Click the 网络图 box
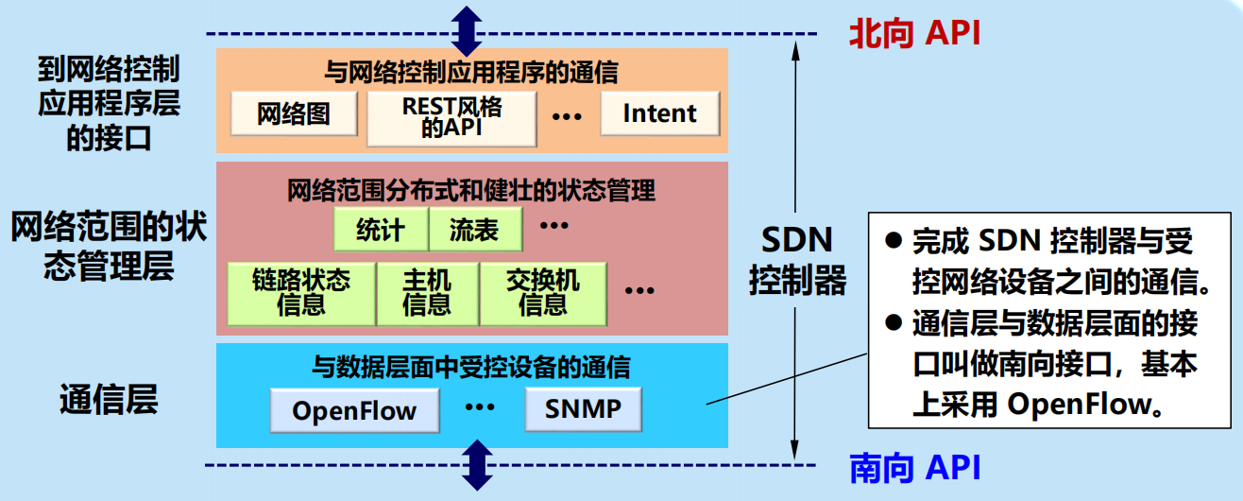point(294,114)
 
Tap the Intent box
point(659,113)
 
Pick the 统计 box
point(381,230)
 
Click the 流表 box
point(475,230)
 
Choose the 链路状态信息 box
point(301,293)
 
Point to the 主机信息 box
point(427,293)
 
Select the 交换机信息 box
point(542,293)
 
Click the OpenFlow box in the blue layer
point(354,411)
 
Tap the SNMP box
point(583,409)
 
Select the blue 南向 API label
point(914,468)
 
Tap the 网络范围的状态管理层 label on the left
point(108,247)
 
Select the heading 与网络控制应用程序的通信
point(471,71)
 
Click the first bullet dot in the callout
point(894,239)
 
